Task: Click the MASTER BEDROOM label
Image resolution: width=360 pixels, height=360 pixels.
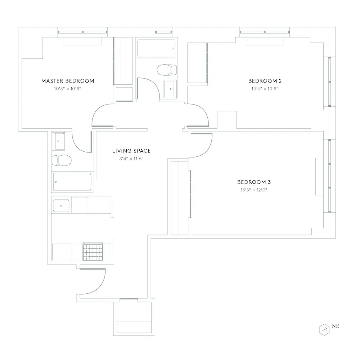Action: [x=68, y=81]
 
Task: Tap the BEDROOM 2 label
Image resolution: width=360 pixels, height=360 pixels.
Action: [x=262, y=81]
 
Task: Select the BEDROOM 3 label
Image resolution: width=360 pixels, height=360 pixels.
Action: [x=251, y=182]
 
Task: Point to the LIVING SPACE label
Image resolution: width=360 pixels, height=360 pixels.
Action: [x=131, y=151]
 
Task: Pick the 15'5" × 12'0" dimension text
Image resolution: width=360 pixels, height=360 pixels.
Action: [x=251, y=190]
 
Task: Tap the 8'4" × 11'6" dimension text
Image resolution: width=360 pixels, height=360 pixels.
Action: [x=131, y=159]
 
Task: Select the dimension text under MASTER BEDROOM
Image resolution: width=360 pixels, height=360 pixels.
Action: [x=68, y=88]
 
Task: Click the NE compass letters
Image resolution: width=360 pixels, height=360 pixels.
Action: [x=336, y=326]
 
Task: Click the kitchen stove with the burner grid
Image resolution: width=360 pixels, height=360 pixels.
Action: [x=93, y=252]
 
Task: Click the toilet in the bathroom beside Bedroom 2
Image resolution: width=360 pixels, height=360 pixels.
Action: [x=167, y=69]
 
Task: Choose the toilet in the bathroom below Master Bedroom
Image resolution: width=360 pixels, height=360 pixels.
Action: [x=62, y=160]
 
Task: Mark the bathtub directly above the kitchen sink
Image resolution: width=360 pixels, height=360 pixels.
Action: [x=72, y=182]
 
